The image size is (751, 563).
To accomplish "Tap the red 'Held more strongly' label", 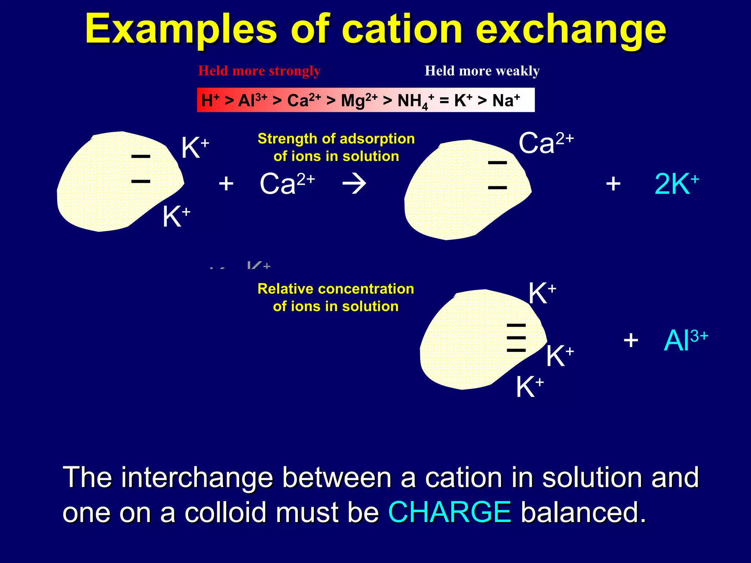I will point(259,71).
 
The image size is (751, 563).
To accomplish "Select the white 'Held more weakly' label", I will point(482,71).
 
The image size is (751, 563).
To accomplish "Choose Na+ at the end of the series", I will point(506,100).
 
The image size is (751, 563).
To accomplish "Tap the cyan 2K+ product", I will point(677,183).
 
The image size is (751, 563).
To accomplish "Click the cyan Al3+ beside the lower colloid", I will point(685,340).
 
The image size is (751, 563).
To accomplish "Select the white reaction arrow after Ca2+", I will point(354,183).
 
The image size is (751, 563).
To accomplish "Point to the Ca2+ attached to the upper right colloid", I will point(546,142).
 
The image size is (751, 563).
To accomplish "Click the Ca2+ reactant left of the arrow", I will point(287,183).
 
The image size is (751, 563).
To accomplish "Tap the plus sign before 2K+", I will point(613,183).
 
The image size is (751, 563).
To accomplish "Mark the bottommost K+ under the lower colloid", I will point(530,387).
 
